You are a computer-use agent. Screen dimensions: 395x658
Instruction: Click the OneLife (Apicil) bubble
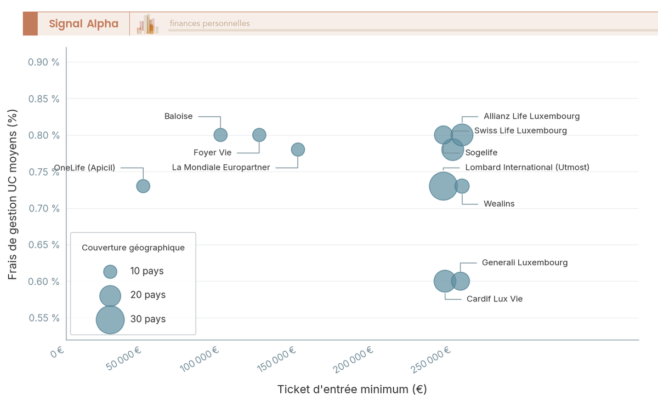click(143, 186)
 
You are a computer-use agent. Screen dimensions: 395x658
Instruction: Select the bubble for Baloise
click(220, 135)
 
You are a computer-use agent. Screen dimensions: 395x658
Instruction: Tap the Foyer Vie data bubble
click(259, 135)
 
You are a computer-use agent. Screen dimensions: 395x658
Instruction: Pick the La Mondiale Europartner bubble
click(298, 150)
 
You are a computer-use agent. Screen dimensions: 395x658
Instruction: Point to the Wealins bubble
click(462, 186)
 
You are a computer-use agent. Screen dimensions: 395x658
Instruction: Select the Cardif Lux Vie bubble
click(445, 281)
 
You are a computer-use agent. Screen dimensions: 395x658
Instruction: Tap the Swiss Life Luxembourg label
click(520, 130)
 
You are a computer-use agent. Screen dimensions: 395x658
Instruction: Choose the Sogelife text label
click(481, 153)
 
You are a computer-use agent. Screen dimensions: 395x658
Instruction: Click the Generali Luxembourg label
click(525, 262)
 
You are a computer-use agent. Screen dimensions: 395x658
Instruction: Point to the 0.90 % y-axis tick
click(44, 62)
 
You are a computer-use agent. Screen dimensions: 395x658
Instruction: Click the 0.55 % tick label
click(44, 318)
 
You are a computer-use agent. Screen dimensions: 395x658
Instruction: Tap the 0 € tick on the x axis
click(58, 353)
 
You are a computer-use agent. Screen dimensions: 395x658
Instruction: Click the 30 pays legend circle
click(110, 319)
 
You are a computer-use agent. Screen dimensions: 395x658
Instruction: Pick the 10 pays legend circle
click(110, 271)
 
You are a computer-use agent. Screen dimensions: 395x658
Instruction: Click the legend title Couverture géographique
click(133, 248)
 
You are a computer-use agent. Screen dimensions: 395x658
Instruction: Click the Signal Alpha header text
click(83, 24)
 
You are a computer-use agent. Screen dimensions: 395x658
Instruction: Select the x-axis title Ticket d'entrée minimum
click(351, 389)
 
